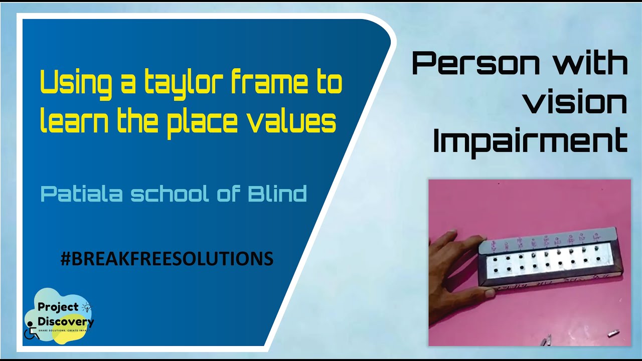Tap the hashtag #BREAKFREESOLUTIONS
click(167, 259)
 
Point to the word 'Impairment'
click(530, 141)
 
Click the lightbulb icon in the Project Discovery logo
click(87, 307)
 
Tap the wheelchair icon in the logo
click(32, 332)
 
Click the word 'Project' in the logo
click(58, 307)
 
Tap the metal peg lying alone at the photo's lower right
click(613, 332)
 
